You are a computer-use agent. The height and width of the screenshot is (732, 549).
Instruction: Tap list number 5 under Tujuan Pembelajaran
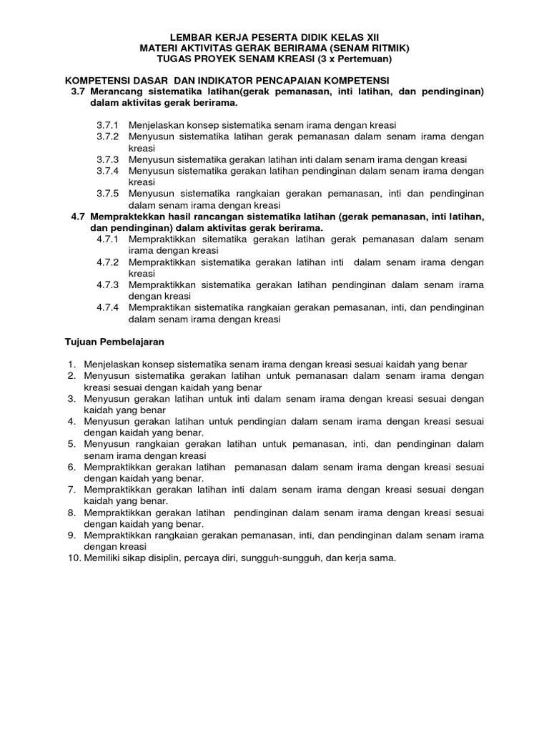point(72,444)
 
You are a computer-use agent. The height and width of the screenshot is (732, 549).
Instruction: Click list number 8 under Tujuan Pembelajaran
point(72,513)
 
